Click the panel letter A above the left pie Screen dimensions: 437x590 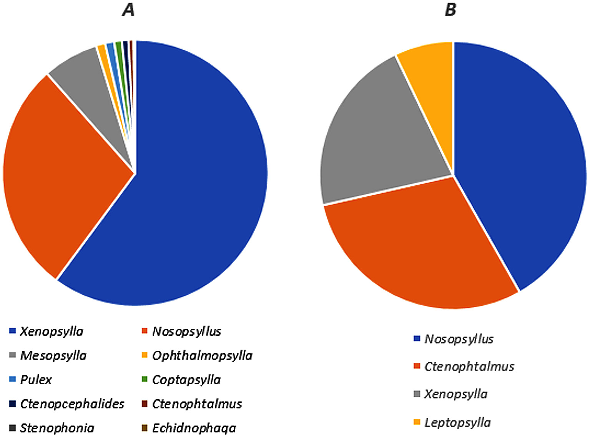129,10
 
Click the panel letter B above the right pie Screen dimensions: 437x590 450,10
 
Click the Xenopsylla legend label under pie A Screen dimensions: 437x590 52,332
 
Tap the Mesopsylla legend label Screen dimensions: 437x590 53,355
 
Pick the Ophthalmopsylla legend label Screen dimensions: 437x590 202,355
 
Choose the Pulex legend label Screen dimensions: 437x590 36,380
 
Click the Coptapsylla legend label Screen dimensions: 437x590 186,380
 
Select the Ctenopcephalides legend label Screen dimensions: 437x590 72,404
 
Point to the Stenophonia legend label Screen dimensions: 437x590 57,428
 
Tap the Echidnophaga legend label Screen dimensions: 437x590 194,428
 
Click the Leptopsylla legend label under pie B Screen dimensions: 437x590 457,422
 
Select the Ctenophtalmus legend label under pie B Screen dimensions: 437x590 469,367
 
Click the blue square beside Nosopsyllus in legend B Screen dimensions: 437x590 417,339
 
